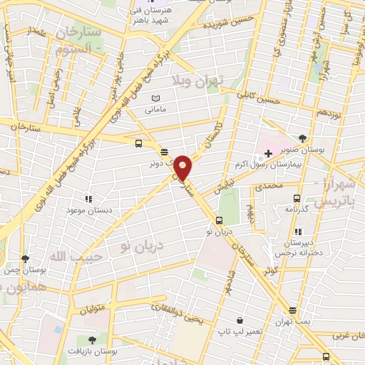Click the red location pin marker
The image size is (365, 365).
pyautogui.click(x=184, y=168)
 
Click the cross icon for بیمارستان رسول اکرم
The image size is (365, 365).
pyautogui.click(x=268, y=153)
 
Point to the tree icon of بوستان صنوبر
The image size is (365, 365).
pyautogui.click(x=303, y=138)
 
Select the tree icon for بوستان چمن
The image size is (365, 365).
pyautogui.click(x=26, y=259)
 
